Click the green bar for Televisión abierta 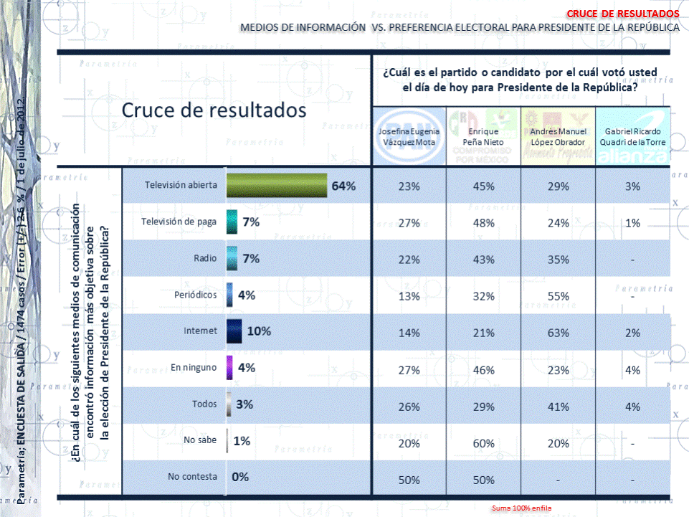pyautogui.click(x=277, y=186)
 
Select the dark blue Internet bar pyautogui.click(x=233, y=331)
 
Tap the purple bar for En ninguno pyautogui.click(x=229, y=368)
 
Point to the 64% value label pyautogui.click(x=343, y=186)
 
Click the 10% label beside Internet pyautogui.click(x=258, y=331)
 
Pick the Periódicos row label pyautogui.click(x=191, y=295)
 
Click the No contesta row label pyautogui.click(x=191, y=477)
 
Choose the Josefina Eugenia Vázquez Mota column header pyautogui.click(x=409, y=137)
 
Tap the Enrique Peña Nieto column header pyautogui.click(x=483, y=137)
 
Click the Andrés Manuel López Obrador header pyautogui.click(x=558, y=137)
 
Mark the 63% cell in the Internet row pyautogui.click(x=558, y=332)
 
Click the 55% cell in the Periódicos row pyautogui.click(x=558, y=295)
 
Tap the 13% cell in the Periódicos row pyautogui.click(x=409, y=295)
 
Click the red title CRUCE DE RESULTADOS pyautogui.click(x=622, y=14)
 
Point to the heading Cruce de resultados pyautogui.click(x=214, y=111)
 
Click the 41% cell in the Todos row pyautogui.click(x=558, y=405)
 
